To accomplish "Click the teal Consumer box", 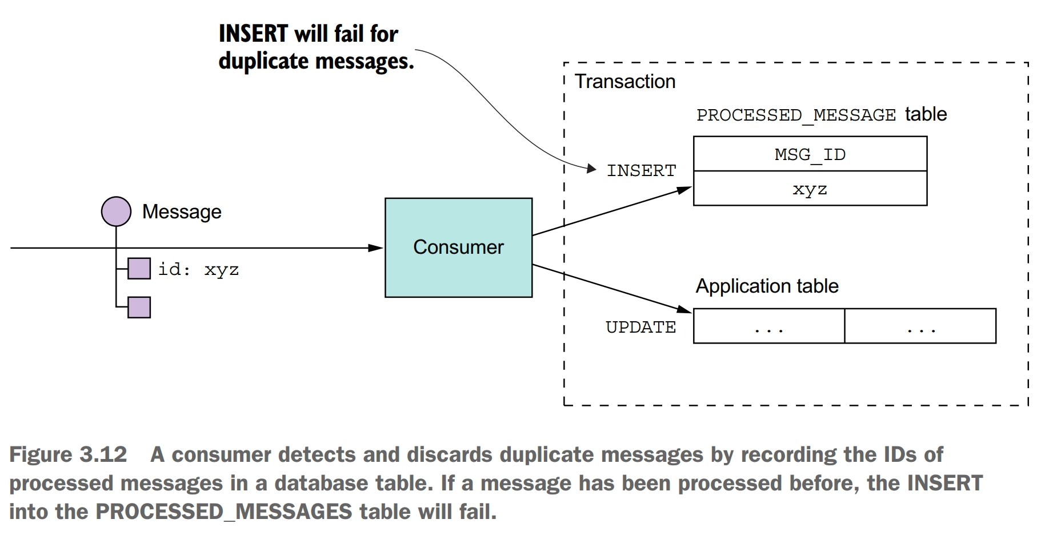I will (x=458, y=247).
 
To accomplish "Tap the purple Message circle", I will (x=116, y=211).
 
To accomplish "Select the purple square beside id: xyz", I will (x=139, y=269).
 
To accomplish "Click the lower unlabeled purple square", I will (x=139, y=308).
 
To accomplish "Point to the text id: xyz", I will (x=198, y=269).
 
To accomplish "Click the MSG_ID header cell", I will (x=810, y=154).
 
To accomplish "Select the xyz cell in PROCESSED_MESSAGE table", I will (x=810, y=189).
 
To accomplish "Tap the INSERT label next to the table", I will (x=641, y=170).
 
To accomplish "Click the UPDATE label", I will (x=640, y=327).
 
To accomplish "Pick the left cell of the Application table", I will (x=768, y=326).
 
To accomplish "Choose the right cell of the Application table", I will (x=920, y=326).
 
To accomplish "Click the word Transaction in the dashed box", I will (x=624, y=81).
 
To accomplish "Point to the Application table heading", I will (x=767, y=286).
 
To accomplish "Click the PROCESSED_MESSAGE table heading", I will (x=821, y=114).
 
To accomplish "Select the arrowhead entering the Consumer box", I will (x=375, y=248).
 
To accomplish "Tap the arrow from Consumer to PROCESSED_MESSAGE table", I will (x=611, y=211).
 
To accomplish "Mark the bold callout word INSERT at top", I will (x=253, y=34).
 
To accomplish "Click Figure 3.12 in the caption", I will (x=68, y=454).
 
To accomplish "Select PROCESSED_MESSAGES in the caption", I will (x=223, y=511).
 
